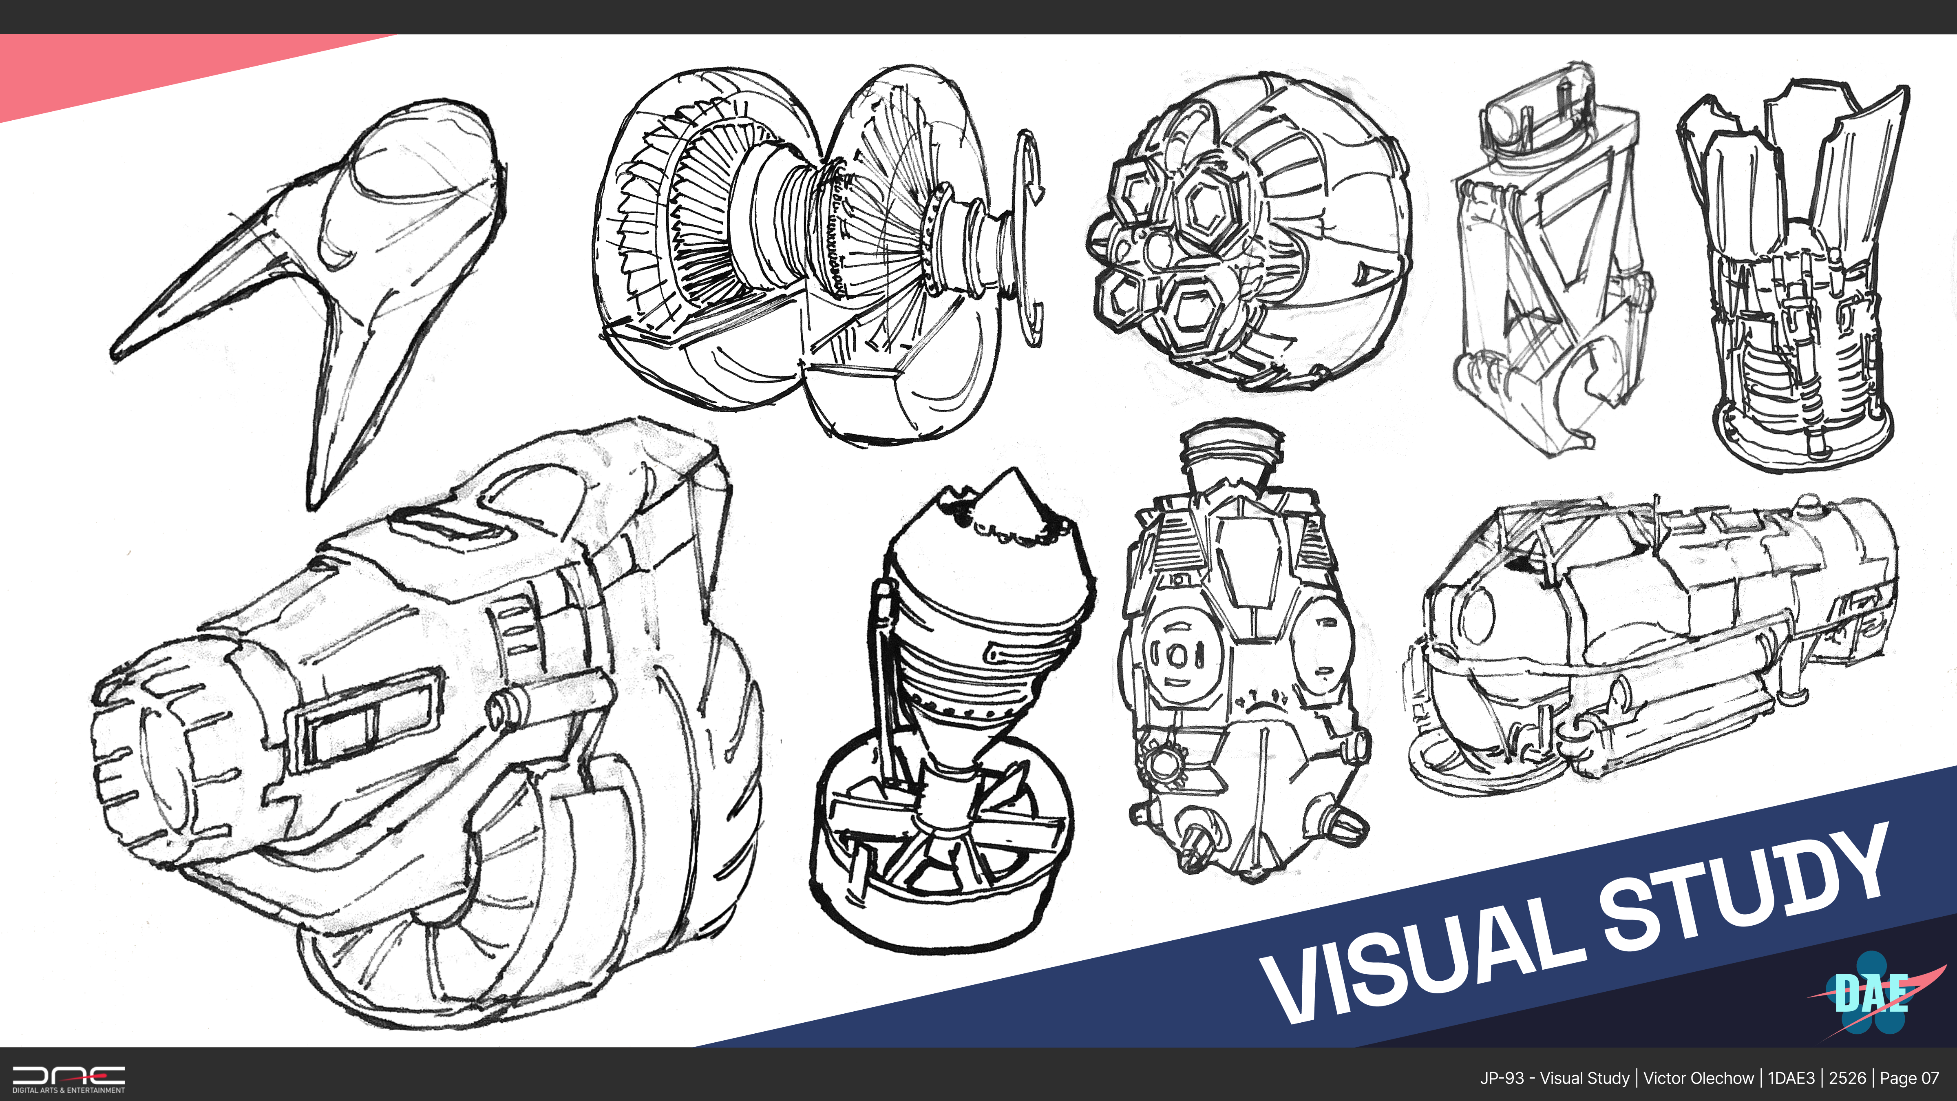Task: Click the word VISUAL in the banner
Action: coord(1420,959)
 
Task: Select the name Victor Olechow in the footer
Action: coord(1698,1078)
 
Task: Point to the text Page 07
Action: coord(1909,1078)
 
